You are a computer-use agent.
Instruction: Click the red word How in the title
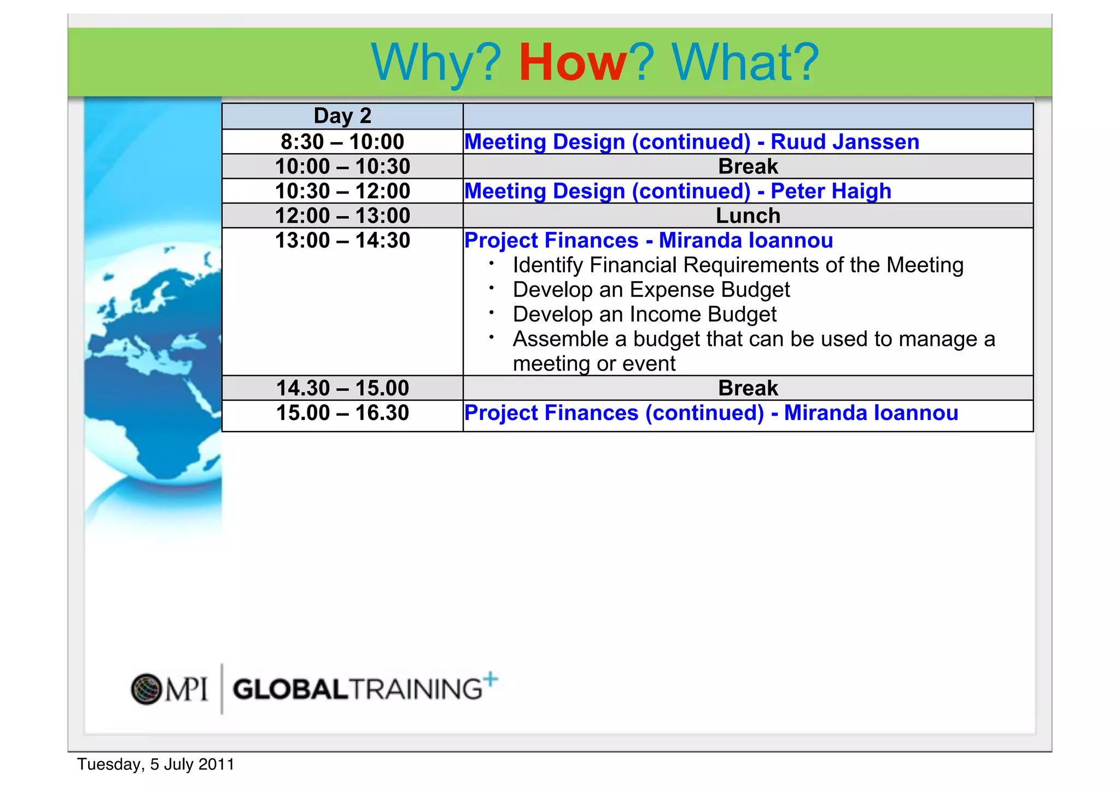[572, 62]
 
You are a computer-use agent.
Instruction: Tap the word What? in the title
[745, 62]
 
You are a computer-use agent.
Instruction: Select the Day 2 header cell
[342, 116]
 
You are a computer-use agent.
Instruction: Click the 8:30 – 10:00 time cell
[342, 142]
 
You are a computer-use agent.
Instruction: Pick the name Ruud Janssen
[844, 142]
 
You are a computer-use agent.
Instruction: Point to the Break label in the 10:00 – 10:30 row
[748, 166]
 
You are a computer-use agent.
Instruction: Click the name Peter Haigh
[831, 191]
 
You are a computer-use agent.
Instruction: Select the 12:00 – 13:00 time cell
[342, 216]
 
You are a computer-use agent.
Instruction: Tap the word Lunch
[748, 216]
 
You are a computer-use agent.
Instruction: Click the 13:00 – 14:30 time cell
[342, 241]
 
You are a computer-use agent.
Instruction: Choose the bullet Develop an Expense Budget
[651, 290]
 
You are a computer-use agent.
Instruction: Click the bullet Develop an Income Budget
[644, 315]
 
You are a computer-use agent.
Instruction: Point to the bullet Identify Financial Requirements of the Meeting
[738, 265]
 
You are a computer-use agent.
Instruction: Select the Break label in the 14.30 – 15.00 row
[748, 388]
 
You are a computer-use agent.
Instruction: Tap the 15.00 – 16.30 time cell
[342, 413]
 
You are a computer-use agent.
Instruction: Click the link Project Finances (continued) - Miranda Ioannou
[711, 413]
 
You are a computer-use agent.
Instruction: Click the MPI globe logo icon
[146, 689]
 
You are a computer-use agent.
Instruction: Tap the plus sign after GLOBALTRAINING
[491, 679]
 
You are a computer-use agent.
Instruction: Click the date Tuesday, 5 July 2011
[156, 764]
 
